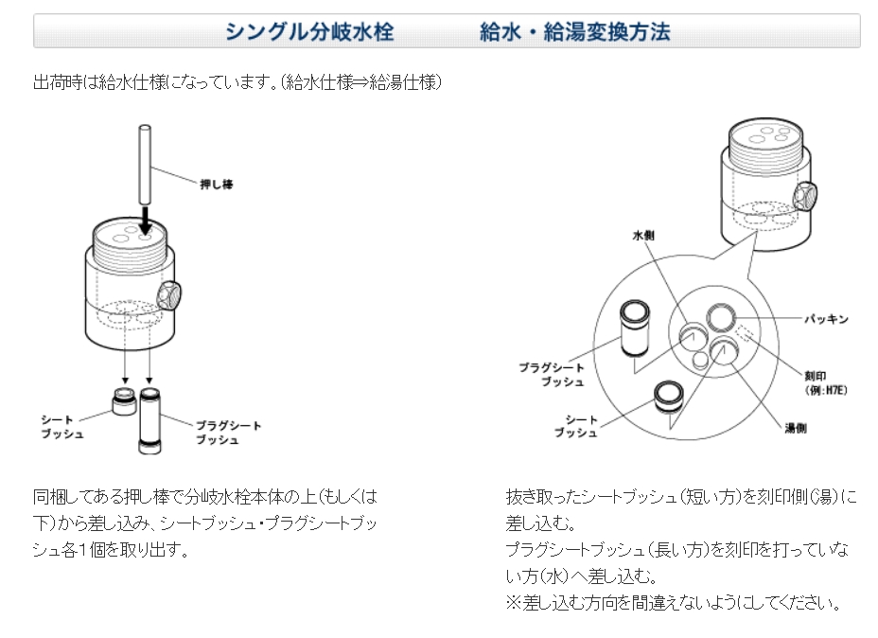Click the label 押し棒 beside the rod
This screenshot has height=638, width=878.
pos(217,184)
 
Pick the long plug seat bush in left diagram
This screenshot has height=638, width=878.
pos(150,416)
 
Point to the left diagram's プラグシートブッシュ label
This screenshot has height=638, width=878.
pos(228,433)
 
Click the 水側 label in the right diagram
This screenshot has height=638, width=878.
pos(644,233)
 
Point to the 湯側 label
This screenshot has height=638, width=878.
pos(795,427)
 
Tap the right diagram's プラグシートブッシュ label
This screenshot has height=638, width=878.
pos(552,374)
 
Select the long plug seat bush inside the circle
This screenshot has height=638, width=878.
pos(633,327)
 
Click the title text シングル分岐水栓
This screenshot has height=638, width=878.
pos(309,32)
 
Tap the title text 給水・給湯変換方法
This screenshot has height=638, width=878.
pos(574,32)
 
